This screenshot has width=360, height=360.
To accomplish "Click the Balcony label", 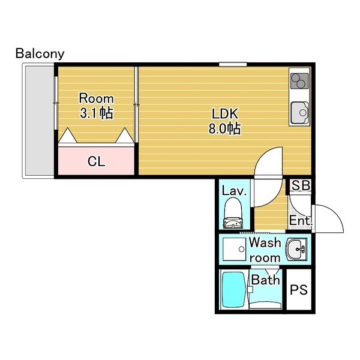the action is pos(40,54).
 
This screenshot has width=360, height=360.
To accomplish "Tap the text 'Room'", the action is pos(96,98).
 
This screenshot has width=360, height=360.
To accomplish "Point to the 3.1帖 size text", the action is pos(96,113).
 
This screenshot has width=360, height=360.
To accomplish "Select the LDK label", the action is pos(224,113).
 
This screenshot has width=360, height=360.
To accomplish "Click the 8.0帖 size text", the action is pos(224,128).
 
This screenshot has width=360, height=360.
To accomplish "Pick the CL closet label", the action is pos(96,161).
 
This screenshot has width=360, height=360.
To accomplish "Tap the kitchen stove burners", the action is pos(299,81).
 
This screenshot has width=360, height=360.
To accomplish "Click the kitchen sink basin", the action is pos(299,113).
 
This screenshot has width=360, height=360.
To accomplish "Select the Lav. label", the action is pos(234,191).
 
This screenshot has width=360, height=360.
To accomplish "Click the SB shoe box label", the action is pos(301,185).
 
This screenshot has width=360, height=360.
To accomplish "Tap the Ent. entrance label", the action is pos(301,221).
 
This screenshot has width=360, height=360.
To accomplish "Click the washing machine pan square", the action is pos(234,250).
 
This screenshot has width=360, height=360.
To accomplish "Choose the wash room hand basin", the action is pos(296,250).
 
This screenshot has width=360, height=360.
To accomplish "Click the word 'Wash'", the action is pos(265,242).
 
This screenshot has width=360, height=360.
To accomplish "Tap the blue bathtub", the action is pos(233,290).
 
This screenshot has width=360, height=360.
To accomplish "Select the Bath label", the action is pos(265,280).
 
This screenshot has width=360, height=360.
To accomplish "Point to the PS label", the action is pos(299,290).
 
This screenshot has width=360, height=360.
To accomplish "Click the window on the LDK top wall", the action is pos(233,64).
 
